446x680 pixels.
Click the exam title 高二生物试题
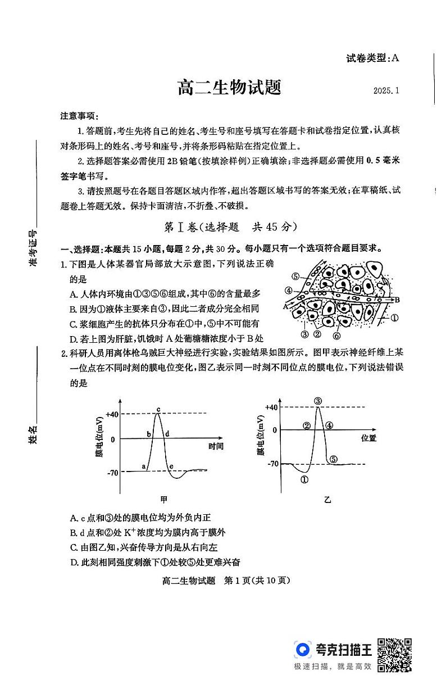click(x=229, y=88)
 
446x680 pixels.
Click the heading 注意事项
click(x=79, y=116)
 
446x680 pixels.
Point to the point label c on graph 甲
click(x=158, y=408)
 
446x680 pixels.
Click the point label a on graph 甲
click(x=144, y=466)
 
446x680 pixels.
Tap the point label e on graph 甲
click(x=171, y=466)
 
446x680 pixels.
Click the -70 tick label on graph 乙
click(x=272, y=464)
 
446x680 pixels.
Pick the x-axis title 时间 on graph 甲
click(x=216, y=446)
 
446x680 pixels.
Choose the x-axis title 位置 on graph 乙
click(x=369, y=437)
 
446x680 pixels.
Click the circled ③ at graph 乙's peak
click(x=318, y=401)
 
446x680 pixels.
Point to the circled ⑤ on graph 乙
click(x=333, y=459)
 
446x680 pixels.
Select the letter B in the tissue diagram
click(x=396, y=300)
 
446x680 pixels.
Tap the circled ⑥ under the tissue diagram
click(x=336, y=336)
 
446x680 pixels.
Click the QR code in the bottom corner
click(x=394, y=655)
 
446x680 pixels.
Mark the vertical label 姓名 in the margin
click(x=33, y=434)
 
